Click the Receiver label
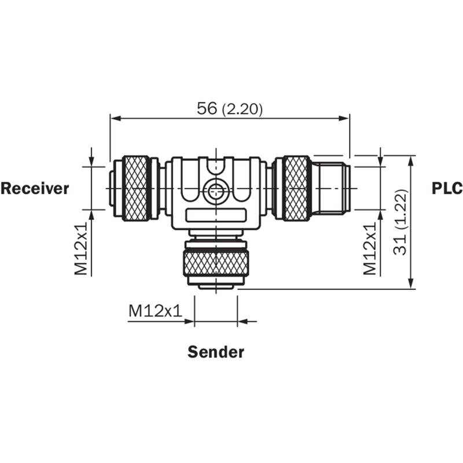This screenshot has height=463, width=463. click(35, 189)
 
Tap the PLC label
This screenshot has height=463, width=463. click(447, 189)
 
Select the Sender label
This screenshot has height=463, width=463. click(216, 352)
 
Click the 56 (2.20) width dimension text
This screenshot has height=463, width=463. click(229, 109)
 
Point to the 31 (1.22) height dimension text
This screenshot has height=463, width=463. click(400, 222)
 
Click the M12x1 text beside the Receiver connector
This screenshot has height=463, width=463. click(81, 249)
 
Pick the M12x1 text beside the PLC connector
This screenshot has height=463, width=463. click(370, 249)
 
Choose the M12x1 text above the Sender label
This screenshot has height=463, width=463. click(155, 311)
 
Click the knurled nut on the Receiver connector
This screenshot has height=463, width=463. click(135, 189)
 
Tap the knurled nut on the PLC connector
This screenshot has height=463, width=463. click(296, 189)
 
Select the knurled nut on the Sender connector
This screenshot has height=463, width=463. click(216, 263)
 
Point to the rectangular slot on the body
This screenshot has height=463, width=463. click(216, 215)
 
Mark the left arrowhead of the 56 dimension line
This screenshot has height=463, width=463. click(115, 119)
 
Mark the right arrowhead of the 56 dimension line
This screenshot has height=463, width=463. click(344, 119)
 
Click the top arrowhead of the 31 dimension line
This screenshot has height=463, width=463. click(411, 161)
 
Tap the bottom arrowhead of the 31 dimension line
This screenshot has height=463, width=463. click(411, 284)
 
